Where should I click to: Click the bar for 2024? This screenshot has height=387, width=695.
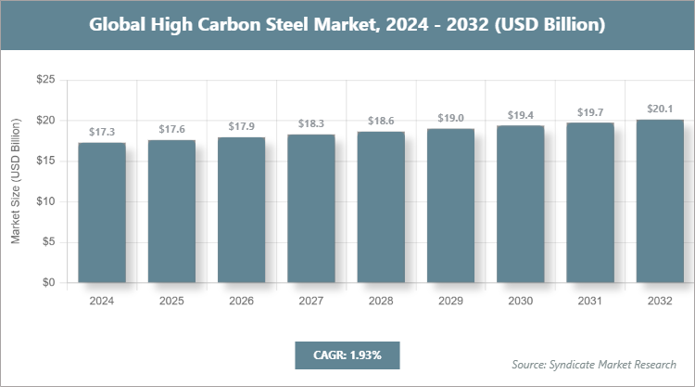[102, 213]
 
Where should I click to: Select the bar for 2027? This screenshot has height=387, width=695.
[311, 209]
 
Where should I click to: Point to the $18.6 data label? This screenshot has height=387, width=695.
[381, 122]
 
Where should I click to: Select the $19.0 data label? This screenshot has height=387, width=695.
[450, 119]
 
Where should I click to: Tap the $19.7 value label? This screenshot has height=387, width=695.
[590, 113]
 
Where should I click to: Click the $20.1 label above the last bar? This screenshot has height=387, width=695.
[660, 110]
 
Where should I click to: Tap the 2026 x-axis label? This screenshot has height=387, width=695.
[241, 302]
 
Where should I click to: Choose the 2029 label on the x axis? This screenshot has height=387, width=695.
[450, 302]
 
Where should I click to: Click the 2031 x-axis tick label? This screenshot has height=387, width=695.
[590, 302]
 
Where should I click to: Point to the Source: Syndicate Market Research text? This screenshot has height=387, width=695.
[594, 364]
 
